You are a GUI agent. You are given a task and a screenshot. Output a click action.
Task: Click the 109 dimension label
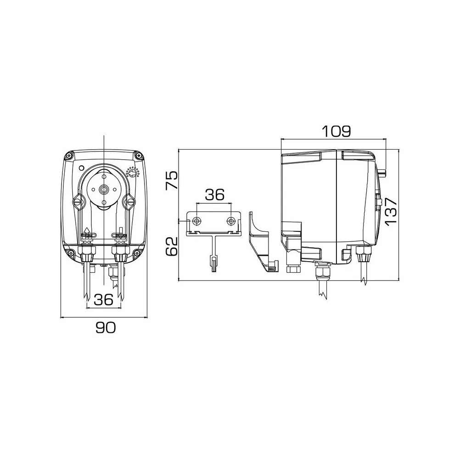pyautogui.click(x=336, y=131)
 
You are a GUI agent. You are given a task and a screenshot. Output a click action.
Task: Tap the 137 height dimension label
pyautogui.click(x=391, y=211)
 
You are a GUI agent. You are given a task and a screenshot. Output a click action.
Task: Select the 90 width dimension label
pyautogui.click(x=106, y=328)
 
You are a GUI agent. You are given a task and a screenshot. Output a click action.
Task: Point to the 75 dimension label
pyautogui.click(x=172, y=180)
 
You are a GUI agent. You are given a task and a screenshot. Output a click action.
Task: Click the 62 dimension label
pyautogui.click(x=172, y=246)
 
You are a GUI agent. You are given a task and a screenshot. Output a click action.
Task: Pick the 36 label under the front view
pyautogui.click(x=104, y=299)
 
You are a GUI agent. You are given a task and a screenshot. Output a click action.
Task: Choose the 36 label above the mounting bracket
pyautogui.click(x=214, y=194)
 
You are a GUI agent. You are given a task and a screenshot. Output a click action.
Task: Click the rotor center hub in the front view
pyautogui.click(x=104, y=190)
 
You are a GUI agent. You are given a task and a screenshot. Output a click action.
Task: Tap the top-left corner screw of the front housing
pyautogui.click(x=69, y=156)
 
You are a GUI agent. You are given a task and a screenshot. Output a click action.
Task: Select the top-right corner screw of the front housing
pyautogui.click(x=138, y=156)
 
